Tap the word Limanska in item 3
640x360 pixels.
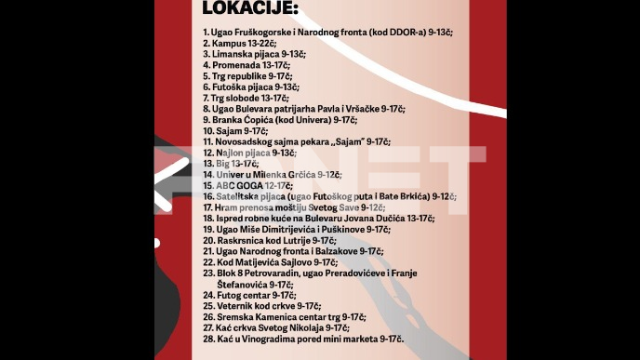(232, 55)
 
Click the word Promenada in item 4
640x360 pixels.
(234, 66)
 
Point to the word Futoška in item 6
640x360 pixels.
(229, 87)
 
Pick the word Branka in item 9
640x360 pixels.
(228, 120)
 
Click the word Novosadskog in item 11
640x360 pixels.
(247, 142)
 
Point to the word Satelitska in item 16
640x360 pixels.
(237, 196)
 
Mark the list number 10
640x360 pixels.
(207, 131)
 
